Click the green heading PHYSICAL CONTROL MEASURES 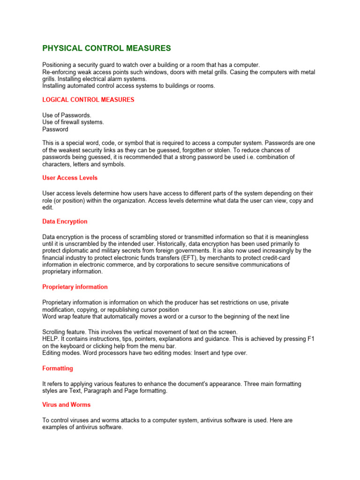(106, 48)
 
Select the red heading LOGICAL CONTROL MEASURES (88, 100)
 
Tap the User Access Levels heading (70, 178)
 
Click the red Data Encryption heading (65, 222)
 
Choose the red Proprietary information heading (75, 287)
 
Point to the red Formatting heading (58, 368)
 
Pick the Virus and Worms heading (67, 405)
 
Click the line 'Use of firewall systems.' (73, 122)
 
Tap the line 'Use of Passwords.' (67, 115)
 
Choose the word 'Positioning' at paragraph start (59, 65)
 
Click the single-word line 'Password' (55, 129)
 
